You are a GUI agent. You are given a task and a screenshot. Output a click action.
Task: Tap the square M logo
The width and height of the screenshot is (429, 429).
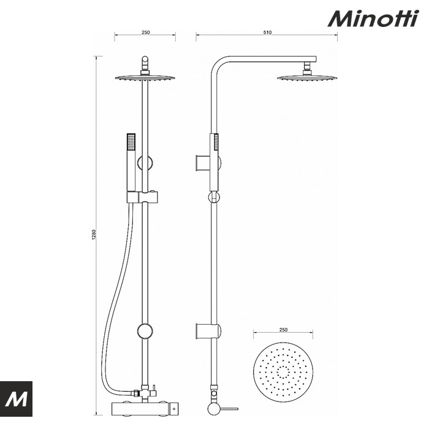(17, 399)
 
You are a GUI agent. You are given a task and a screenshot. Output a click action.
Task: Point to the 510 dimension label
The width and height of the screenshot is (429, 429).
(267, 32)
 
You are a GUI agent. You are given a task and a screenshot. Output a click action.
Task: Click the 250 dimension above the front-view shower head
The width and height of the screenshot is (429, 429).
(146, 32)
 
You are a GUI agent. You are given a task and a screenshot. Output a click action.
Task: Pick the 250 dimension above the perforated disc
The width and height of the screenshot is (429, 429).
(283, 330)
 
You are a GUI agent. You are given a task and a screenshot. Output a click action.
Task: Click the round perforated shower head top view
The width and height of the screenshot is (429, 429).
(283, 371)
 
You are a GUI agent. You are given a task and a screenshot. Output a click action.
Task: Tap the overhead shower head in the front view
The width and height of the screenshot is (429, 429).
(146, 78)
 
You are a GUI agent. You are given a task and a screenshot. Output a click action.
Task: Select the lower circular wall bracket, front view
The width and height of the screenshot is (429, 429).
(146, 331)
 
